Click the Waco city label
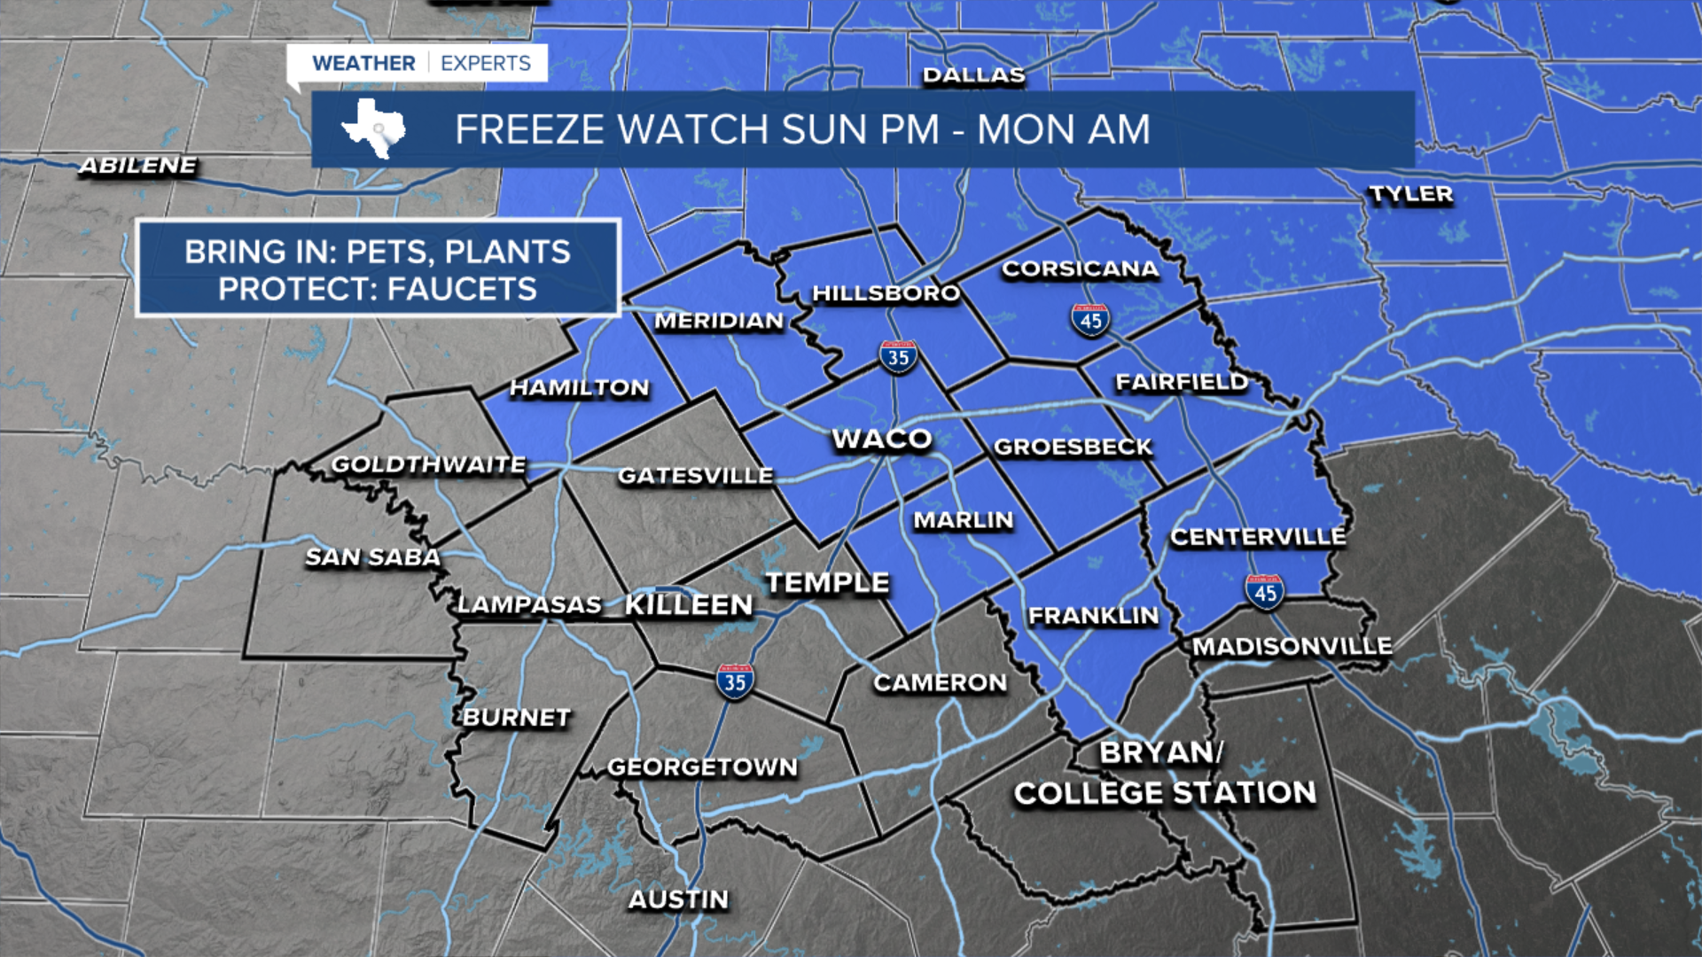(x=882, y=439)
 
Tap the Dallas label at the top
(x=973, y=75)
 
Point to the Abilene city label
(x=138, y=166)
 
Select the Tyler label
(x=1410, y=194)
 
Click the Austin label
(x=678, y=899)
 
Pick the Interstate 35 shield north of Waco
(x=898, y=357)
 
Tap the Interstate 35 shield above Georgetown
(x=735, y=681)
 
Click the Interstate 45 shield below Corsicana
(x=1090, y=320)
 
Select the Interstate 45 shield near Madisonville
(x=1264, y=592)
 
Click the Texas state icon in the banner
(x=373, y=128)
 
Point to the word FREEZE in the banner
(x=531, y=129)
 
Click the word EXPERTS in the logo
(x=485, y=63)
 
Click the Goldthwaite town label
(x=428, y=464)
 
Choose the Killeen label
(x=689, y=605)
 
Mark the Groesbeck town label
(x=1073, y=447)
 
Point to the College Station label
(x=1165, y=792)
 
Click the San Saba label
(x=372, y=557)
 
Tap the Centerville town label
(x=1257, y=536)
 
